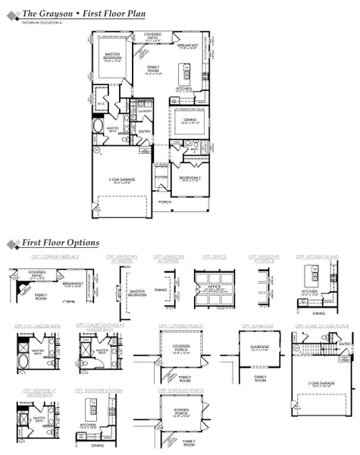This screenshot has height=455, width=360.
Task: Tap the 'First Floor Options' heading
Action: pyautogui.click(x=60, y=243)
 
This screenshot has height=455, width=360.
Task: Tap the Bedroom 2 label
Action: pyautogui.click(x=189, y=178)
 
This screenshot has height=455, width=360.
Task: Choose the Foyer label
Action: pyautogui.click(x=161, y=177)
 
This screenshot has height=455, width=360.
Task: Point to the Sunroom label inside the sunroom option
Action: pyautogui.click(x=260, y=349)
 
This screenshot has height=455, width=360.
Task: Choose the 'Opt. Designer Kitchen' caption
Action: pyautogui.click(x=97, y=391)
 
